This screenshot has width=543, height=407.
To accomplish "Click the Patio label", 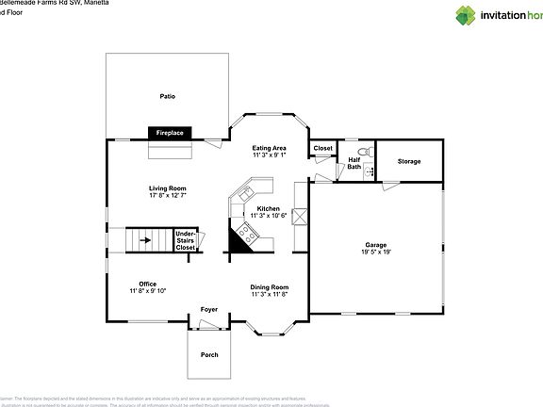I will [167, 96].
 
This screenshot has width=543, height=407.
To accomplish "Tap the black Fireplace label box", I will [170, 134].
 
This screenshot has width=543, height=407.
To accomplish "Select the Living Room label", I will [167, 188].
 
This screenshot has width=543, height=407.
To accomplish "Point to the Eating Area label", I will [269, 148].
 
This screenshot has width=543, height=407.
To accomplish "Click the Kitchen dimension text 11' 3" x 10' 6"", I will [269, 216].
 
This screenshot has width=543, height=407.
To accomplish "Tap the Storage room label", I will [409, 161].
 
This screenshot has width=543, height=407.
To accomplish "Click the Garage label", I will [376, 245].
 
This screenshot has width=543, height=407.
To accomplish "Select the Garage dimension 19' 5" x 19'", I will [376, 252].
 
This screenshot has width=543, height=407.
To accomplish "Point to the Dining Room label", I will [269, 287].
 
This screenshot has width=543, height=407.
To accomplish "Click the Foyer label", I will [208, 309].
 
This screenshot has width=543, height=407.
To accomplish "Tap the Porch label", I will [209, 355].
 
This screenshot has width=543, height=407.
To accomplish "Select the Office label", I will [147, 284].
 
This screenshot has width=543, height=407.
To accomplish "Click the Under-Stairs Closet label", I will [186, 239].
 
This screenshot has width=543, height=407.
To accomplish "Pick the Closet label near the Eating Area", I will [323, 148].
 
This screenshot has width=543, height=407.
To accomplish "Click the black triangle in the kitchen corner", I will [239, 243].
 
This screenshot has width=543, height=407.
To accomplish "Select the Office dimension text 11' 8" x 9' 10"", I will [147, 291].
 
